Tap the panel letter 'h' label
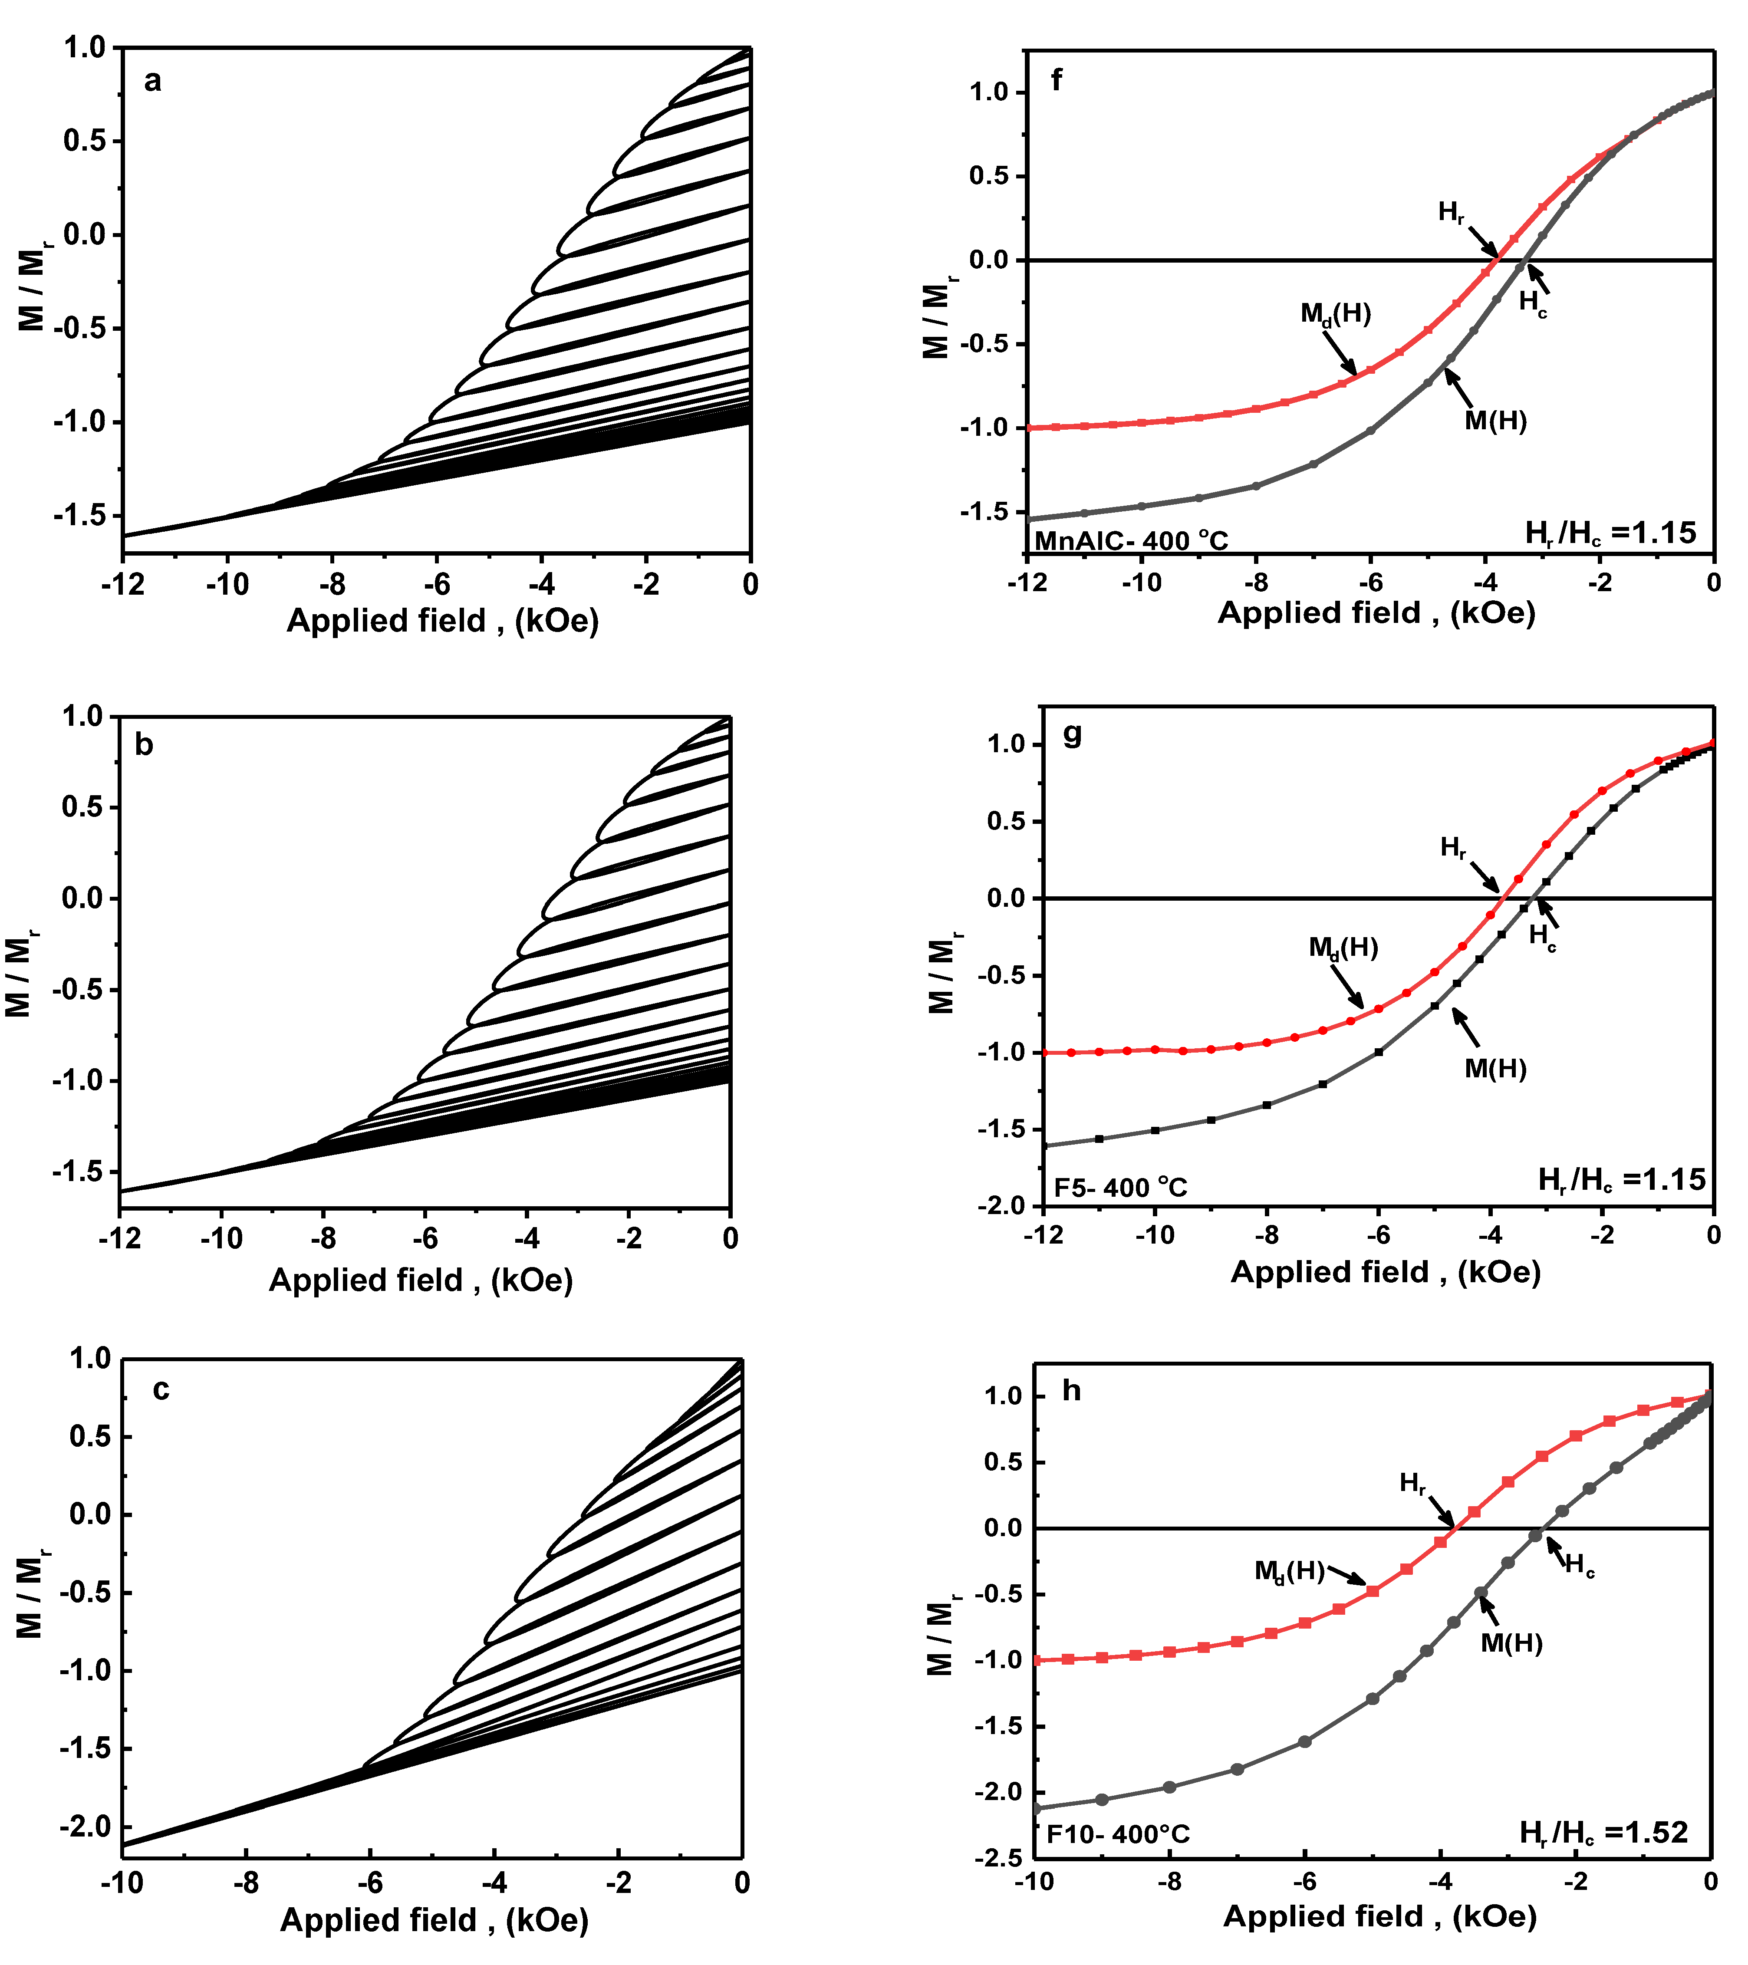[x=1071, y=1391]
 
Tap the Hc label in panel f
[x=1533, y=304]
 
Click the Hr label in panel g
[x=1453, y=848]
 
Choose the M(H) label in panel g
[x=1495, y=1069]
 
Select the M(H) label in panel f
[x=1495, y=421]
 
